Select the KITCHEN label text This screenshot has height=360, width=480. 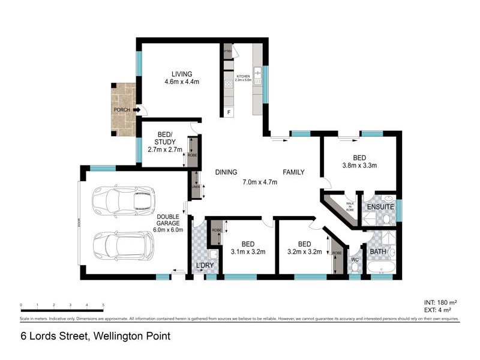point(242,76)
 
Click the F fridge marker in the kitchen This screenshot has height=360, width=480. point(229,112)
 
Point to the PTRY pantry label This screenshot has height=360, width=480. point(227,52)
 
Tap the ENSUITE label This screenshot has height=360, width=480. point(380,207)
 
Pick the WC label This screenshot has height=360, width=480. point(354,260)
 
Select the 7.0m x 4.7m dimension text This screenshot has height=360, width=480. point(260,182)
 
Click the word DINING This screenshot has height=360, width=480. point(226,172)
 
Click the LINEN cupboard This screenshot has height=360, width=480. point(195,186)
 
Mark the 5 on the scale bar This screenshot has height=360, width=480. point(103,305)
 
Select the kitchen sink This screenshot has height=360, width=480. point(257,75)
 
